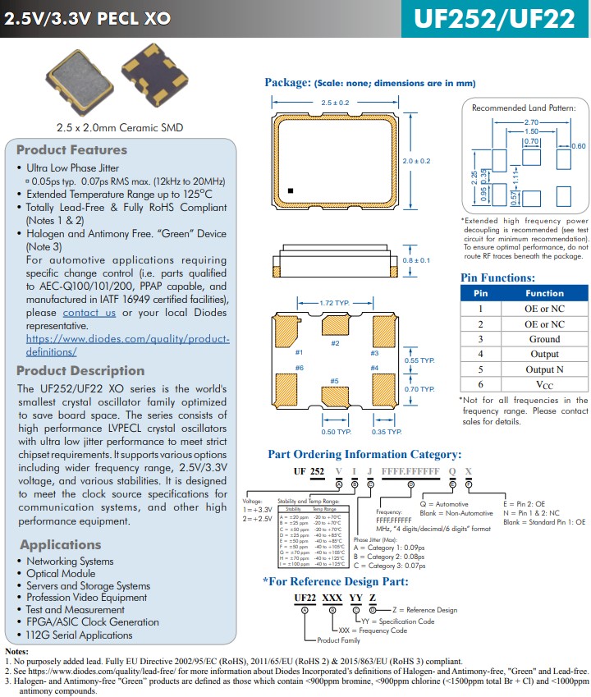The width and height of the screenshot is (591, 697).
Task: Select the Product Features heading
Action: pyautogui.click(x=72, y=149)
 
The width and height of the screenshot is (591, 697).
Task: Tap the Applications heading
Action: pyautogui.click(x=61, y=544)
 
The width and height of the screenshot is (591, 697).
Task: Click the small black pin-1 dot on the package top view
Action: pyautogui.click(x=290, y=190)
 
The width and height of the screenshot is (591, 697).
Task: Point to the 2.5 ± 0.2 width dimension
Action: pyautogui.click(x=335, y=103)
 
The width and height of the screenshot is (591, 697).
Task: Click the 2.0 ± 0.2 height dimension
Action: pyautogui.click(x=416, y=161)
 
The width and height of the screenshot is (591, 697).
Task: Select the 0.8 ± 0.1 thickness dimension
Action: pyautogui.click(x=416, y=260)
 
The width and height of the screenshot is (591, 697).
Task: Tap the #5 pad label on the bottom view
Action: pyautogui.click(x=335, y=381)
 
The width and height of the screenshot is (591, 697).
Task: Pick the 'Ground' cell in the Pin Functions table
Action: pyautogui.click(x=544, y=339)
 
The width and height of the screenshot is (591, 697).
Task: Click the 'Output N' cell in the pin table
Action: pyautogui.click(x=544, y=369)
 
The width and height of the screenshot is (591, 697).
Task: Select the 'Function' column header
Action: pyautogui.click(x=544, y=293)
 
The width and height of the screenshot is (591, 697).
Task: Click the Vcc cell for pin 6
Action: pyautogui.click(x=544, y=384)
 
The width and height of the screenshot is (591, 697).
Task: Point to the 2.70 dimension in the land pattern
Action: pyautogui.click(x=531, y=122)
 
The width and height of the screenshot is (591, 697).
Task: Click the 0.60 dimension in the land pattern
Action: pyautogui.click(x=578, y=145)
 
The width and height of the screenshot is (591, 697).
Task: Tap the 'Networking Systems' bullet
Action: pyautogui.click(x=70, y=562)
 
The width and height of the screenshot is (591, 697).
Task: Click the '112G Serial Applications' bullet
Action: pyautogui.click(x=79, y=635)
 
